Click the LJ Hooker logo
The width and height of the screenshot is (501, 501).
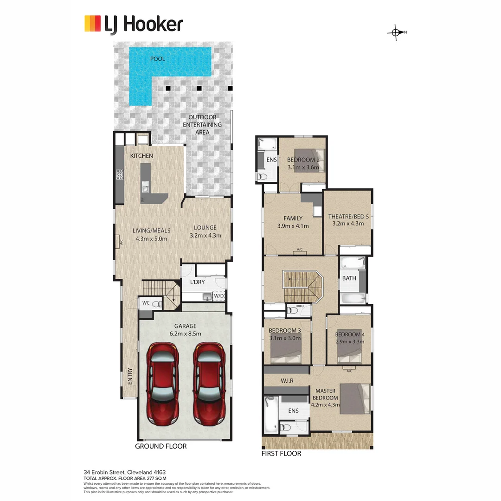coord(134,24)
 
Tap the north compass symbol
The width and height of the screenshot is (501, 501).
coord(396,32)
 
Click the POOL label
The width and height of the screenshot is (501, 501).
coord(157,59)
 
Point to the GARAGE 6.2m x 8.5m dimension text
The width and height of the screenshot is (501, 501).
coord(186,330)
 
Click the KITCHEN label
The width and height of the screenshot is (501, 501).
coord(141,156)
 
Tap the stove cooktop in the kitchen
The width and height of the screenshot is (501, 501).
coord(119,174)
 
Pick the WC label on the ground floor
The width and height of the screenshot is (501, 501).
coord(146,303)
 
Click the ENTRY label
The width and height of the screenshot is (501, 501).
coord(130,376)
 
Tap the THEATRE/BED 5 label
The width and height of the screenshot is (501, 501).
coord(348,220)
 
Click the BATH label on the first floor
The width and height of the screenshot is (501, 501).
coord(349,279)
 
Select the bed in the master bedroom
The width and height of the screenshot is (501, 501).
coord(355,398)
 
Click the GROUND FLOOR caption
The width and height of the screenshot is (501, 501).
coord(161,446)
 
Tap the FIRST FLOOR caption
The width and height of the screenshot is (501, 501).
coord(281,454)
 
